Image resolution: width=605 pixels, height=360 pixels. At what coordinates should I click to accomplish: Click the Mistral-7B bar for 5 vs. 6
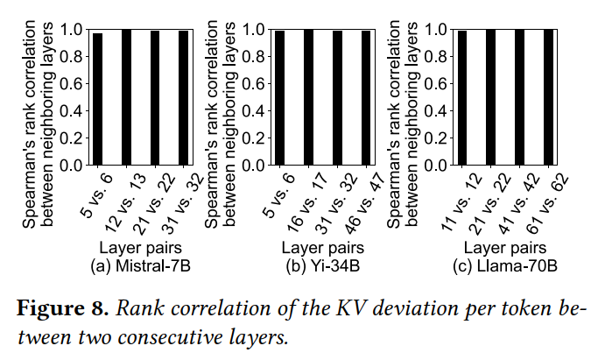(x=97, y=99)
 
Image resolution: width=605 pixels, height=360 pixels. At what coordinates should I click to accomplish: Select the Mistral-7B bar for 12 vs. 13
(x=127, y=97)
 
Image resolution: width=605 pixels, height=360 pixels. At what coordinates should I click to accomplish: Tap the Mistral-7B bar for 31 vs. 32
(x=183, y=98)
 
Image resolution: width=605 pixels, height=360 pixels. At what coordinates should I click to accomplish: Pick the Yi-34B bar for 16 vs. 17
(x=309, y=97)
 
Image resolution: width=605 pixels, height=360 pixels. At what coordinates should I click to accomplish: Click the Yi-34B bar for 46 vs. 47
(x=366, y=98)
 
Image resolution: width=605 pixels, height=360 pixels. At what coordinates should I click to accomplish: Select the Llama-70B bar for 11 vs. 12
(x=462, y=98)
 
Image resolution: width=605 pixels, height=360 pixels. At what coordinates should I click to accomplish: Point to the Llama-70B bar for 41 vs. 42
(x=520, y=97)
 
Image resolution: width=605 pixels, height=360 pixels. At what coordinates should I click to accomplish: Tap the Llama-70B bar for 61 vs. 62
(x=548, y=97)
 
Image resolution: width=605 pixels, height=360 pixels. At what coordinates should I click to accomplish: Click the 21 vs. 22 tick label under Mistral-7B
(x=153, y=204)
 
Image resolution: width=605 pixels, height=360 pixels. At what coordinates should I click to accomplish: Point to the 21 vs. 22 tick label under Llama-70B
(x=490, y=204)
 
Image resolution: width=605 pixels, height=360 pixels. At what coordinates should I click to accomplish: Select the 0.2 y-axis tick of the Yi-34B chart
(x=254, y=138)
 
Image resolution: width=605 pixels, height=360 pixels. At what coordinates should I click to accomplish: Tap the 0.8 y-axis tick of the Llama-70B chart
(x=436, y=57)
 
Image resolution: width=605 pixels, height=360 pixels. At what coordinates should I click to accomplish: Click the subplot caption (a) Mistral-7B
(x=140, y=266)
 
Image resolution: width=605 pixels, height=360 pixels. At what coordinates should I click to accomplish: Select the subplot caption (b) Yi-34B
(x=323, y=266)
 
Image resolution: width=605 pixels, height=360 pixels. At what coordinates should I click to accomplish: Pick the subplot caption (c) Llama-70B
(x=505, y=266)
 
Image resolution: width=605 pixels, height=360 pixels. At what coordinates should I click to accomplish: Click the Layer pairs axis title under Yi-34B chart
(x=323, y=248)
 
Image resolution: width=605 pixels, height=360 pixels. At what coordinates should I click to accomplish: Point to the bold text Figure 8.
(x=63, y=308)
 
